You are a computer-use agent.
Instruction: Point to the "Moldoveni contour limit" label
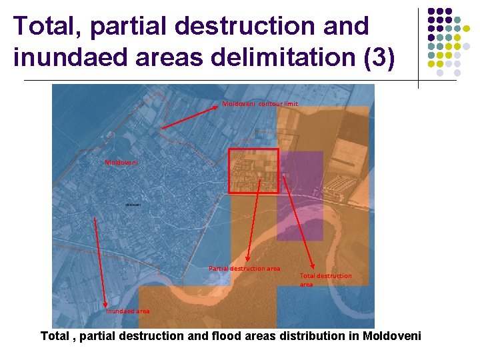260,104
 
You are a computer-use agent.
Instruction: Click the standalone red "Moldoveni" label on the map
121,162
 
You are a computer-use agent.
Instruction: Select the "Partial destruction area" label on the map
244,268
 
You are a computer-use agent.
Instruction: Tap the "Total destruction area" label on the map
325,279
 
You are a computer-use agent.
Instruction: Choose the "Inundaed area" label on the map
128,311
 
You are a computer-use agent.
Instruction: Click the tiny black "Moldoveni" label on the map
132,205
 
